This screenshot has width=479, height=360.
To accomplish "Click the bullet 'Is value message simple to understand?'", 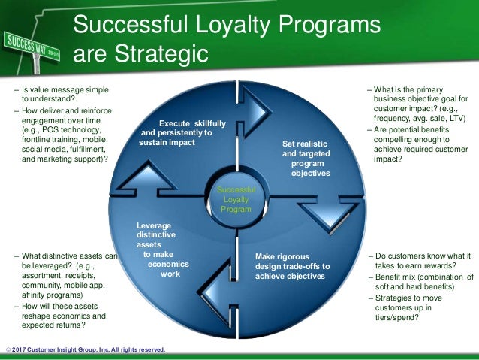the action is point(60,93).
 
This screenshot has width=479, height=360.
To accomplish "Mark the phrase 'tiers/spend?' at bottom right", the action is point(396,316).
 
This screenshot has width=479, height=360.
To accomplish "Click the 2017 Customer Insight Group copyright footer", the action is point(84,350).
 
